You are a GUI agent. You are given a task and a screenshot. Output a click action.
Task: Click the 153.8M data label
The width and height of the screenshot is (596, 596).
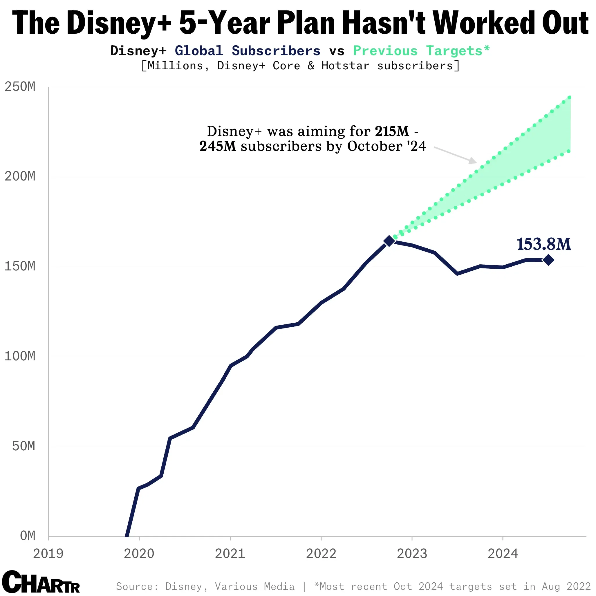click(543, 244)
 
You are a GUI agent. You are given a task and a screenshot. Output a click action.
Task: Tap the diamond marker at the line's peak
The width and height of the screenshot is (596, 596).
click(389, 241)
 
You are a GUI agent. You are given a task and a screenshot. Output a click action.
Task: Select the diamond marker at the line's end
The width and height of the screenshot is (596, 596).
click(548, 260)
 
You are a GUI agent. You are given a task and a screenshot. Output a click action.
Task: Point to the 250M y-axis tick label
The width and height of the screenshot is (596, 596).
click(20, 87)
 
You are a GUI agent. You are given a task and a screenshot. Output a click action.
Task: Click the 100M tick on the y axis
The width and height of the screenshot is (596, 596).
click(20, 356)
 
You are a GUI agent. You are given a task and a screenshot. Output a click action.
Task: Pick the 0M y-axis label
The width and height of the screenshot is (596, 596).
click(28, 536)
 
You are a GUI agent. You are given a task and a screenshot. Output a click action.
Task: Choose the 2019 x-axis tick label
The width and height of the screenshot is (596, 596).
click(48, 554)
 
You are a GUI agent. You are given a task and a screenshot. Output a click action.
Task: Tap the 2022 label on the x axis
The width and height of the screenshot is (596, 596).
click(321, 554)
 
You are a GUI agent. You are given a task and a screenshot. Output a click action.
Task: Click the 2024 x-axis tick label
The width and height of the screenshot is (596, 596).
click(503, 554)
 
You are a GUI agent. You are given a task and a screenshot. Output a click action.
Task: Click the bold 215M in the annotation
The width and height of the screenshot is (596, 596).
click(392, 131)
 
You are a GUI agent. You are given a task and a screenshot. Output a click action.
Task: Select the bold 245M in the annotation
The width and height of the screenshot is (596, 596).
click(218, 146)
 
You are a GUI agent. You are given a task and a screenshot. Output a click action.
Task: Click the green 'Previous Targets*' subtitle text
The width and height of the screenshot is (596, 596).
click(421, 51)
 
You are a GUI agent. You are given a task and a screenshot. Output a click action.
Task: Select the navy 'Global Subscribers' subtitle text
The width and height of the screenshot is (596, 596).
click(248, 51)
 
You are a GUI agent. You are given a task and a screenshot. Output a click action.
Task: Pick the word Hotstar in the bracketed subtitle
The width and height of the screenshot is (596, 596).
click(345, 66)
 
